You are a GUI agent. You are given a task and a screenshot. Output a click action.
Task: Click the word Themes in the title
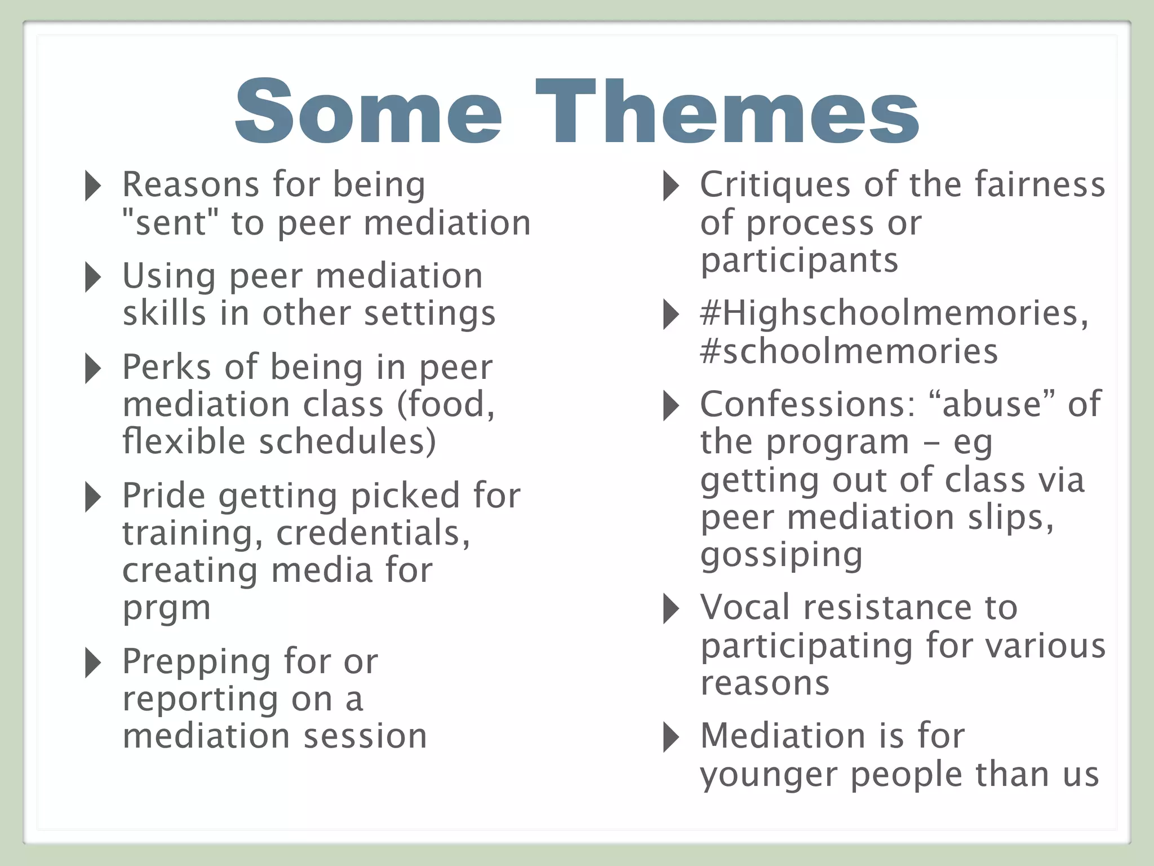(727, 112)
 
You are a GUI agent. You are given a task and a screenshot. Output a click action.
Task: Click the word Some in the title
(368, 112)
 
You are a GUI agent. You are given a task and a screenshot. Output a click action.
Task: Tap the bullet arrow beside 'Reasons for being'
(93, 185)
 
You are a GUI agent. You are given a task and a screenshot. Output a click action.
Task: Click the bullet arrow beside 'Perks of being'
(93, 368)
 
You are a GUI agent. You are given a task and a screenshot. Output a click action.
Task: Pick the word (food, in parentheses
(446, 404)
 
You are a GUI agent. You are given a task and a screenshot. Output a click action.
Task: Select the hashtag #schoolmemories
(849, 351)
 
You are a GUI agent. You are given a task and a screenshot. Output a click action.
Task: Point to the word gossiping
(781, 555)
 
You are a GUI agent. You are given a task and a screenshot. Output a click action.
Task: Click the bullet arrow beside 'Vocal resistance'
(671, 609)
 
